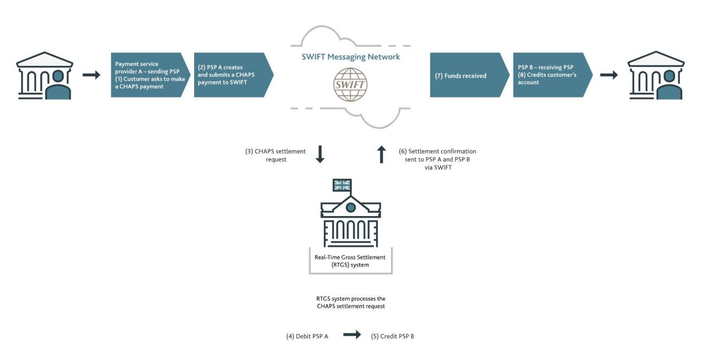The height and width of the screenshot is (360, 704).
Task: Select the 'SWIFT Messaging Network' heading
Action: [351, 57]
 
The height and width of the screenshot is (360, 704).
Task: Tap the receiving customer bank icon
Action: [656, 75]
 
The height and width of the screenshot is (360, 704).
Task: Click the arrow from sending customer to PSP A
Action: [91, 75]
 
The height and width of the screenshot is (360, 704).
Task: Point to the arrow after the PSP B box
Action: [609, 75]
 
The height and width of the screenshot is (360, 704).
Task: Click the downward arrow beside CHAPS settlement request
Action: [320, 154]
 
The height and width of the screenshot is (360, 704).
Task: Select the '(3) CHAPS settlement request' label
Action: [272, 154]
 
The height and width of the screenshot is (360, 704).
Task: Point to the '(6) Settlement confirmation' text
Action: [437, 158]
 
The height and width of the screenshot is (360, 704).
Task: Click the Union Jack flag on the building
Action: [342, 185]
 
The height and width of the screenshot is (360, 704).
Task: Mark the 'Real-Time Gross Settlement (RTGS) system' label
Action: [350, 261]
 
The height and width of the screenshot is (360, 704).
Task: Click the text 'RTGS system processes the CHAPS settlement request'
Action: [350, 302]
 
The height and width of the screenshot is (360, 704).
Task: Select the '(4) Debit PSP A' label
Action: [307, 336]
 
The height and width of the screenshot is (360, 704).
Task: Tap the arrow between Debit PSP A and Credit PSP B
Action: [352, 335]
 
